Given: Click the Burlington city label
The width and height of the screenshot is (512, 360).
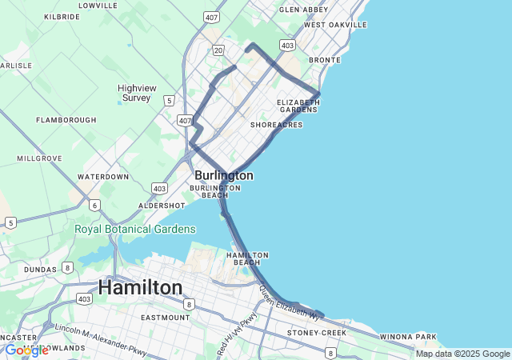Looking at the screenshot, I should [223, 175].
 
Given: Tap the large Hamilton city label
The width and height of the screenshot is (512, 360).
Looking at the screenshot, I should [140, 287].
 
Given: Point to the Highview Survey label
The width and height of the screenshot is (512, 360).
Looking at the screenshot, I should [135, 93].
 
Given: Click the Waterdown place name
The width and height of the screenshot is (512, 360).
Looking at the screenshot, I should [103, 176].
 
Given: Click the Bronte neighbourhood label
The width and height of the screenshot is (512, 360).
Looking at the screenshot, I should [325, 60].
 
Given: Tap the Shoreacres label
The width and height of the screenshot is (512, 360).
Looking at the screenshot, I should [276, 125].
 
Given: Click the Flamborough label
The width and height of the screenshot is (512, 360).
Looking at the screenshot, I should [66, 120].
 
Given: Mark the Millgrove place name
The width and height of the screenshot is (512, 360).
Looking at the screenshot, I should [39, 158].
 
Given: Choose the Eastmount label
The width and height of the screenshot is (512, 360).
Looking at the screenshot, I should [165, 318].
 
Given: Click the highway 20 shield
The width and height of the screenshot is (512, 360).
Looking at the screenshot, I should [218, 50].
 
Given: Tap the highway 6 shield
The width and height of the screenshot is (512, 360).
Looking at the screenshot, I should [94, 206].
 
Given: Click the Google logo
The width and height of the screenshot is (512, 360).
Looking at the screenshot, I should [26, 350].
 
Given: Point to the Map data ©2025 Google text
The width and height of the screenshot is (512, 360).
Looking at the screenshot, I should [462, 354].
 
